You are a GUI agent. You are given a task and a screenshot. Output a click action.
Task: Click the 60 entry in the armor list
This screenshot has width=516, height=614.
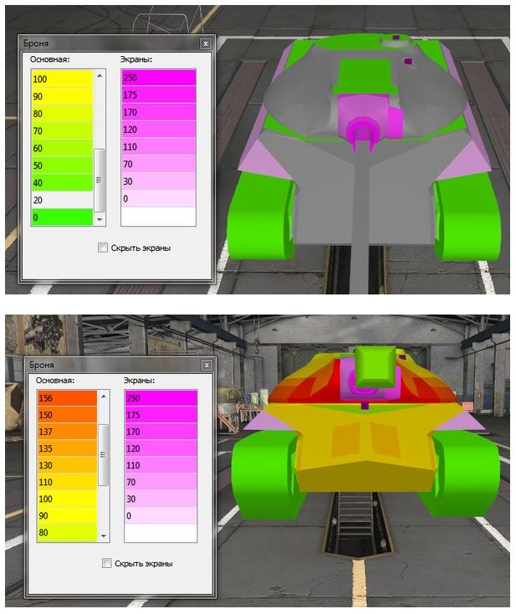(62, 148)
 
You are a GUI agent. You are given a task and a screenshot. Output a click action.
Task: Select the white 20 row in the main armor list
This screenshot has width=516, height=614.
(62, 200)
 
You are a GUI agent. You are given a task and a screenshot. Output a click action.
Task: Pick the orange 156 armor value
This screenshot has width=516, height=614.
(67, 398)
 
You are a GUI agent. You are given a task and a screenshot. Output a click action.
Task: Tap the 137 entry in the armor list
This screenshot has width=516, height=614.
(67, 431)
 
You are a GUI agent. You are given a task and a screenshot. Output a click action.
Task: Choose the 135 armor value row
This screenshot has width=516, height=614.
(67, 448)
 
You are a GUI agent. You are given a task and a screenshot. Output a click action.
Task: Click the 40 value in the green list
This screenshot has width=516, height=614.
(62, 182)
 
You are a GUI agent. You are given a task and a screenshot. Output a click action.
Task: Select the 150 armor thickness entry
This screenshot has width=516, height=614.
(67, 414)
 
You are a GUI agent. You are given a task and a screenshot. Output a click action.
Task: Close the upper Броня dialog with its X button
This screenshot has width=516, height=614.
(206, 43)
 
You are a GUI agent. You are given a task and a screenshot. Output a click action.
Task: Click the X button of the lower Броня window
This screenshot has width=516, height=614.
(207, 366)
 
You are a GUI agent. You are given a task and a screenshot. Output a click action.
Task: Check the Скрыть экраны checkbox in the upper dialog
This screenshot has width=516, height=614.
(103, 248)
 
